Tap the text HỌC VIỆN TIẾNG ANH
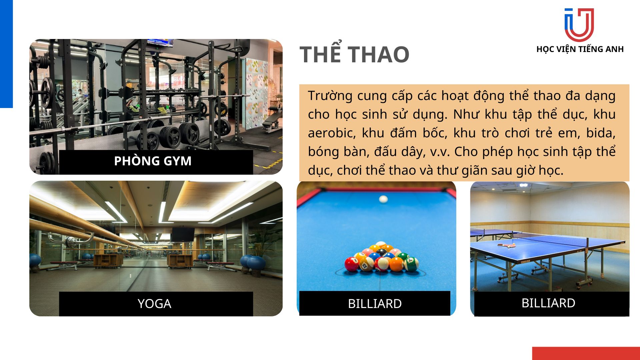pyautogui.click(x=580, y=49)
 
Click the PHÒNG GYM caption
pyautogui.click(x=153, y=161)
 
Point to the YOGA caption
pyautogui.click(x=154, y=304)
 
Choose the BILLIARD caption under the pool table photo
pyautogui.click(x=375, y=304)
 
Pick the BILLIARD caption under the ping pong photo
pyautogui.click(x=548, y=303)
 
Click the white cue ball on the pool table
pyautogui.click(x=383, y=199)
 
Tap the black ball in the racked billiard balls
pyautogui.click(x=382, y=252)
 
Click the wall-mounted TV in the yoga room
pyautogui.click(x=183, y=234)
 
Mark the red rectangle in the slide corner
pyautogui.click(x=586, y=353)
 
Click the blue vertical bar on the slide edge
pyautogui.click(x=6, y=54)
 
